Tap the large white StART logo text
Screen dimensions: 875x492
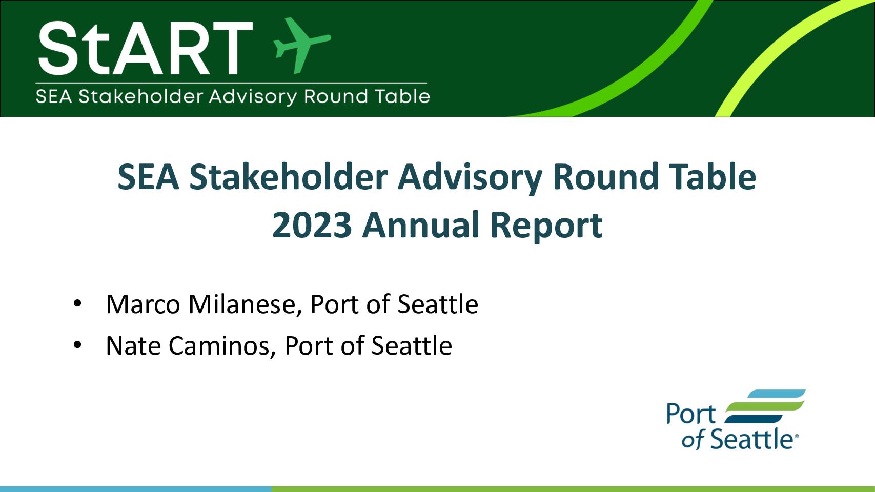pyautogui.click(x=145, y=48)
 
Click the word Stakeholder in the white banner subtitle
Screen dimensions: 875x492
pyautogui.click(x=141, y=96)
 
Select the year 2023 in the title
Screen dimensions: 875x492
pyautogui.click(x=312, y=225)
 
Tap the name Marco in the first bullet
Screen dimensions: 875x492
pyautogui.click(x=143, y=304)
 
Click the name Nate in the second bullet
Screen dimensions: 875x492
pyautogui.click(x=133, y=345)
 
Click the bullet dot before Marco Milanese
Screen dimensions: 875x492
pyautogui.click(x=77, y=304)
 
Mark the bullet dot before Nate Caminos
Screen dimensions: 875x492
pyautogui.click(x=77, y=345)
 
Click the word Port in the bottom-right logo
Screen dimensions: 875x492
pyautogui.click(x=690, y=414)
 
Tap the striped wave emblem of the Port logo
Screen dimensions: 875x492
pyautogui.click(x=764, y=406)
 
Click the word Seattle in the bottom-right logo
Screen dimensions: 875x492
pyautogui.click(x=751, y=439)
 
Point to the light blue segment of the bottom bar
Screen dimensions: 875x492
pyautogui.click(x=135, y=489)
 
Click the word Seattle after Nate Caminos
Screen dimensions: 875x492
pyautogui.click(x=411, y=345)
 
